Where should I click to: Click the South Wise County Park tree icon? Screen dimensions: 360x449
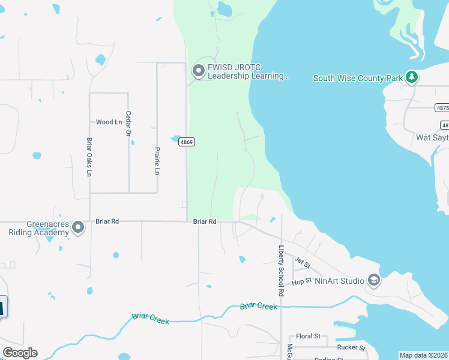click(411, 77)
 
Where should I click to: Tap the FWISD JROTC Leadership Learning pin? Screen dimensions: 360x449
click(198, 71)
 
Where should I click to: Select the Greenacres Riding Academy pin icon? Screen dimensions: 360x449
click(78, 227)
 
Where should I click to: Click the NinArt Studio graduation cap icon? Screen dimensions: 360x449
click(374, 280)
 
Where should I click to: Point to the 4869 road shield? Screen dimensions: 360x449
click(187, 142)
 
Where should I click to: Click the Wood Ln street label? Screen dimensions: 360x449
click(109, 122)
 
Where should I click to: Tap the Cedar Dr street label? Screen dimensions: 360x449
click(128, 124)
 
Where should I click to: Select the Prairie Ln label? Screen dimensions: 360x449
click(157, 161)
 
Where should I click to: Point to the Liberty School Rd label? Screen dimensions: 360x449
click(280, 271)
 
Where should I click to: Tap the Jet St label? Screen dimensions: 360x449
click(302, 262)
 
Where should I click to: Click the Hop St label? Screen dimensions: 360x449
click(302, 280)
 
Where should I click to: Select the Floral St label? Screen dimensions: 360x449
click(309, 337)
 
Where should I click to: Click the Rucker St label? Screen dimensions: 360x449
click(351, 347)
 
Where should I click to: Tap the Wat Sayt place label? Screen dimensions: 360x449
click(432, 137)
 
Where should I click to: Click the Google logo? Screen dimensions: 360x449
click(20, 353)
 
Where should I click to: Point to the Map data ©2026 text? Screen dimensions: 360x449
click(423, 355)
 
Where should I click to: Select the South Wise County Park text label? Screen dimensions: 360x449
click(358, 78)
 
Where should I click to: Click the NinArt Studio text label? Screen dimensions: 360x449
click(339, 280)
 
